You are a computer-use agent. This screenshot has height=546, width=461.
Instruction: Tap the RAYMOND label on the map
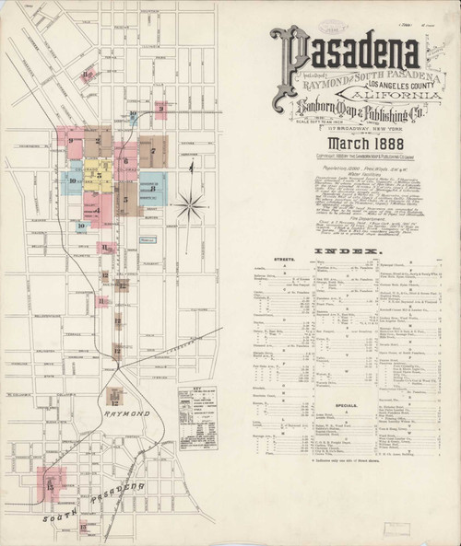(x=126, y=415)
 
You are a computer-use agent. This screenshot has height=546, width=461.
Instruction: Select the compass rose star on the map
(x=191, y=204)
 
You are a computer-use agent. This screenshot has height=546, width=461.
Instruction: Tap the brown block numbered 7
(x=153, y=150)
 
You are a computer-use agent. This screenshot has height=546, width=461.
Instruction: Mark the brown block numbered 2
(x=98, y=141)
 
